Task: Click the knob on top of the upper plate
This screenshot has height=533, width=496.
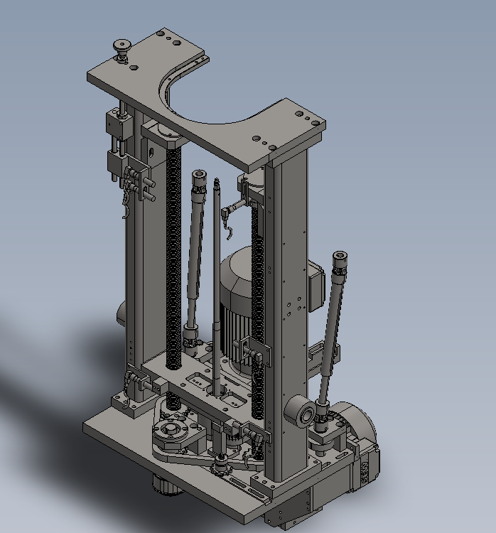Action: point(122,48)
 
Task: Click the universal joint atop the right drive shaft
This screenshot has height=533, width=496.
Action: point(340,264)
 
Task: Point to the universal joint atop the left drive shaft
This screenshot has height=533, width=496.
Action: point(198,181)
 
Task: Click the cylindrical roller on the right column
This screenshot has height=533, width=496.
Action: point(300,414)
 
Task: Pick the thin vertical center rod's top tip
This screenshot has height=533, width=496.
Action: point(214,183)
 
